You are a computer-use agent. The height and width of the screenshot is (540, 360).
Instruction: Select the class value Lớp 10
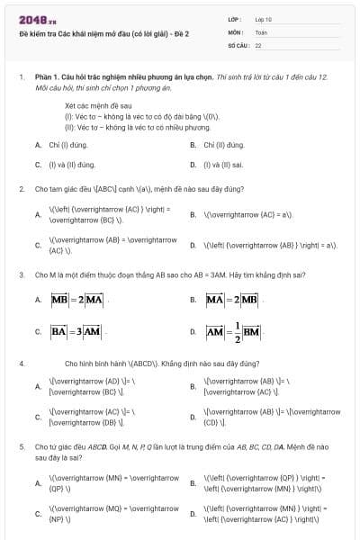point(262,19)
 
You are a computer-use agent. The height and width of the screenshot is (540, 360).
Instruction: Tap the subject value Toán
point(261,31)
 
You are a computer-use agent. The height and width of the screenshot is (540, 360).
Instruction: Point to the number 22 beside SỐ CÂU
point(258,44)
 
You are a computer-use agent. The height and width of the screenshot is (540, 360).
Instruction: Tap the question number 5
point(21,446)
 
